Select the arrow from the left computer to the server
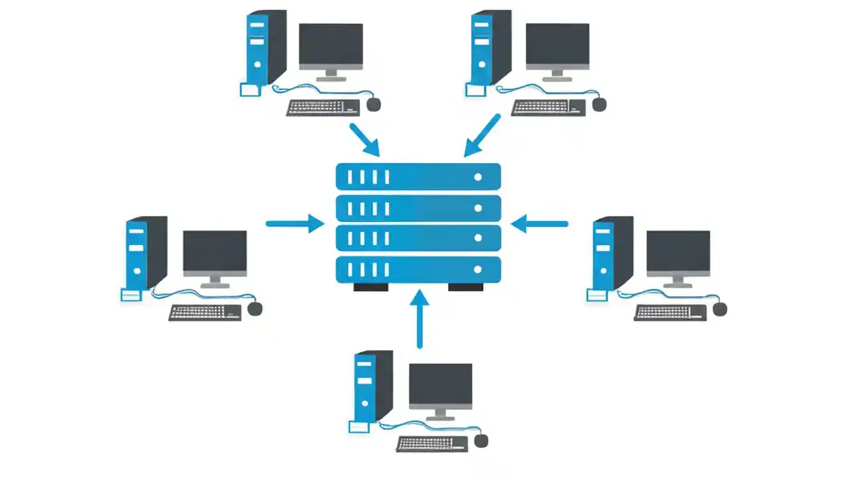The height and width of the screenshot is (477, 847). pos(295,224)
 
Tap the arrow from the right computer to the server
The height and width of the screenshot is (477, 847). pos(539,224)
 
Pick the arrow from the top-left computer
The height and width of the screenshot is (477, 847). pos(364,138)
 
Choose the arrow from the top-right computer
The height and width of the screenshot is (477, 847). pos(482,135)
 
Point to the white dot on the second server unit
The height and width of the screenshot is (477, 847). pos(478,208)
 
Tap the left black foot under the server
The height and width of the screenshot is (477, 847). pos(371,288)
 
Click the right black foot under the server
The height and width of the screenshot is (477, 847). pos(466,288)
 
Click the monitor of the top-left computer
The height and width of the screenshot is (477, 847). pos(331,46)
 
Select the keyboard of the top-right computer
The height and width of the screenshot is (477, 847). pos(549,107)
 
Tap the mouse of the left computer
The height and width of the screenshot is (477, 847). pos(255,309)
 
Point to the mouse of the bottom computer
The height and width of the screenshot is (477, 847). pos(481,441)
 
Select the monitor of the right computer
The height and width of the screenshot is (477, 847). pos(678,254)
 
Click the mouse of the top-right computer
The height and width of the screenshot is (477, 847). pos(600,104)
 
